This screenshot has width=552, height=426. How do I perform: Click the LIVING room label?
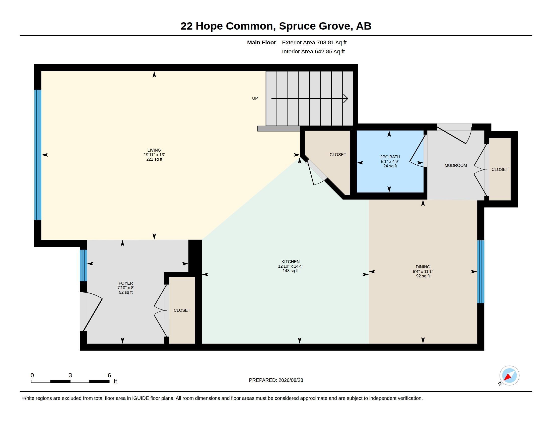[x=154, y=150]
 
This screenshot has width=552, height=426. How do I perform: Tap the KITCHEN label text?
[x=290, y=262]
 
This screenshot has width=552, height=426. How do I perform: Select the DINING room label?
[x=423, y=267]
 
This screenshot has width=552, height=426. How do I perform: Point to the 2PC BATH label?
[x=390, y=157]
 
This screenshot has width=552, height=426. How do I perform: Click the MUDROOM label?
[x=456, y=166]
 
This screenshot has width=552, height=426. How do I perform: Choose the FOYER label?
[x=126, y=283]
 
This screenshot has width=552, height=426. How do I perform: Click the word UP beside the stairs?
[x=255, y=98]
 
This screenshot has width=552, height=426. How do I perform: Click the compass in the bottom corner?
[x=509, y=376]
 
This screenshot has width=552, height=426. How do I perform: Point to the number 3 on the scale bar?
[x=70, y=375]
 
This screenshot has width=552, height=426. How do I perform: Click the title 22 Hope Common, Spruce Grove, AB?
[x=276, y=26]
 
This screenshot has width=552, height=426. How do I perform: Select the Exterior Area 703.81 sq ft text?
[x=314, y=43]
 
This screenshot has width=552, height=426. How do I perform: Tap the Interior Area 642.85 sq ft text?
[x=313, y=51]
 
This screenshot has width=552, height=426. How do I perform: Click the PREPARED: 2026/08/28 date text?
[x=276, y=380]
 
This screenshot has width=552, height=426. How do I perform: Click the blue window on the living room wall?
[x=38, y=155]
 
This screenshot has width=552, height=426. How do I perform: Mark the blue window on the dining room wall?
[x=481, y=272]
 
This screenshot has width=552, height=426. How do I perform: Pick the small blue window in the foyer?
[x=83, y=265]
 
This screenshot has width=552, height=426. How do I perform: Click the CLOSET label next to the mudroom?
[x=500, y=170]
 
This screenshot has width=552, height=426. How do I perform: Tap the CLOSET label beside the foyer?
[x=182, y=310]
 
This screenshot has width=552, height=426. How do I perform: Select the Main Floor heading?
[x=262, y=43]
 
